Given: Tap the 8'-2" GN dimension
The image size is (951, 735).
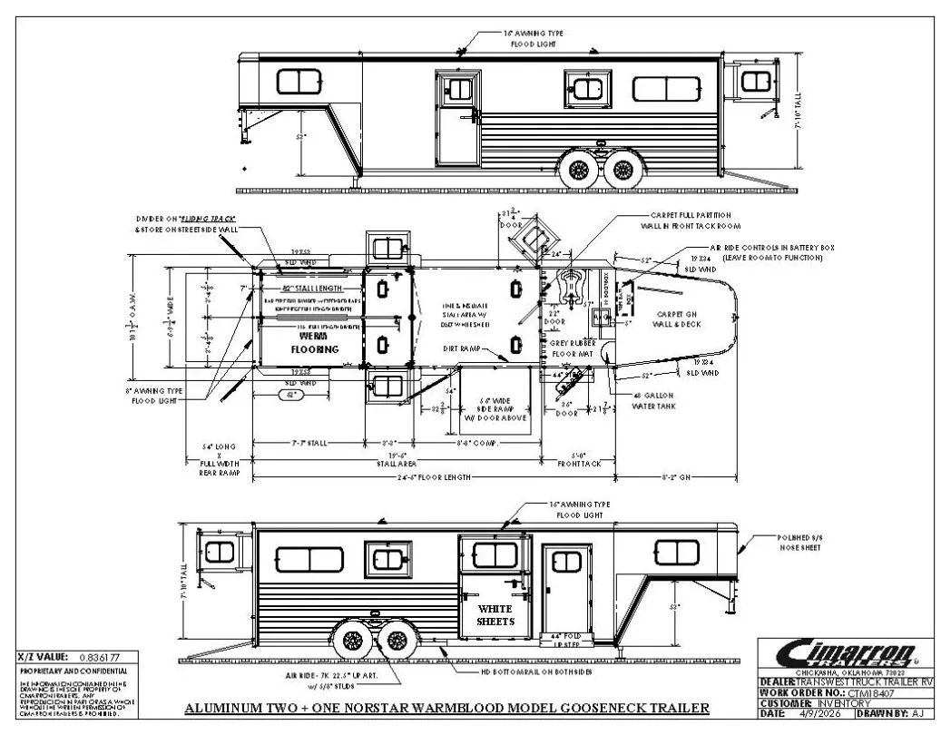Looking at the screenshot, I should (x=679, y=474).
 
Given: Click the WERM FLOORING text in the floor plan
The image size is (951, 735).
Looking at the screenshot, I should (x=313, y=342).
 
